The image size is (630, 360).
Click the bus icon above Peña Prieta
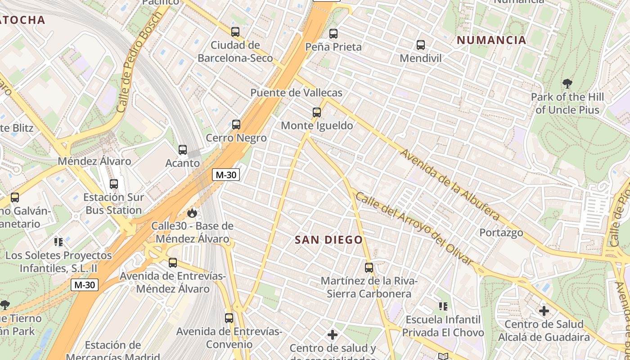[x=333, y=34]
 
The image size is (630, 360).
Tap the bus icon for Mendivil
[x=421, y=45]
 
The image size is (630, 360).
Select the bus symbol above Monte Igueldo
[x=317, y=112]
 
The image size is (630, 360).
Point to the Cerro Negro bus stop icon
[x=236, y=125]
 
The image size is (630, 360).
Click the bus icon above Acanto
[x=183, y=150]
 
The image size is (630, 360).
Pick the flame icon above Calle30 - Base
[x=192, y=213]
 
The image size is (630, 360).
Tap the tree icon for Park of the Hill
[x=567, y=84]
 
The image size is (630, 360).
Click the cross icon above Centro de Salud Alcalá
[x=544, y=310]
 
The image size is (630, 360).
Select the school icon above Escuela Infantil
[x=443, y=306]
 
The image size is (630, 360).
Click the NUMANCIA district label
[x=491, y=40]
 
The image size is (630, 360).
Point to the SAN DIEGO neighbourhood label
[x=328, y=240]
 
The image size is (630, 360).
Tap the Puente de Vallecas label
[x=296, y=93]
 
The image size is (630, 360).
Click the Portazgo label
[x=501, y=233]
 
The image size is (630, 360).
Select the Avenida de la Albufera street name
[x=450, y=185]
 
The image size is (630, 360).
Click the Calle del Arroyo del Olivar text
[x=414, y=228]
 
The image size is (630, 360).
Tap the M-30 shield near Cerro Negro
[x=226, y=175]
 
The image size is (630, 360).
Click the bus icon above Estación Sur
[x=114, y=184]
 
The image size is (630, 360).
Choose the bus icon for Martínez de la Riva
[x=369, y=268]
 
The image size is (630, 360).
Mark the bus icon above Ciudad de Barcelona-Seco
[x=235, y=32]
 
